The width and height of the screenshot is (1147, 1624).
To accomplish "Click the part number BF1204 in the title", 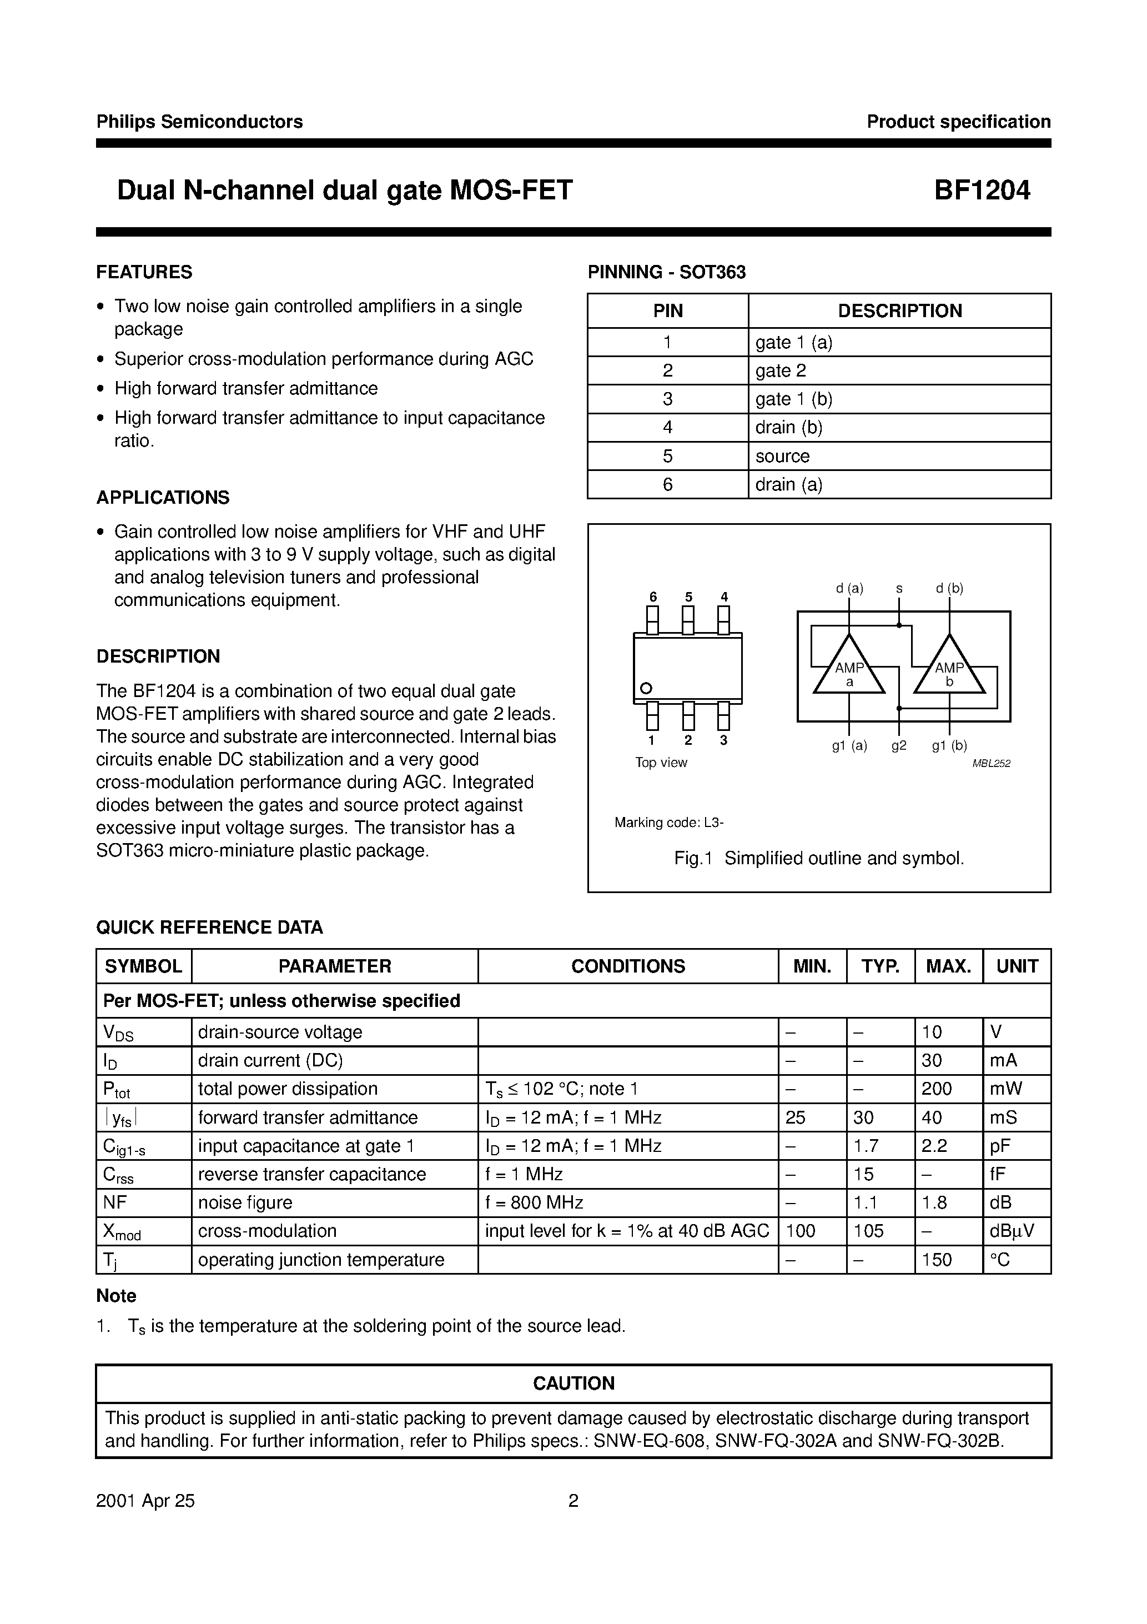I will pos(982,191).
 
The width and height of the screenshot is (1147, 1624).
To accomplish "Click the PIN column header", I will pos(667,311).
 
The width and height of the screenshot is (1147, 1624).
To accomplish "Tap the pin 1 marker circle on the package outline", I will pos(645,688).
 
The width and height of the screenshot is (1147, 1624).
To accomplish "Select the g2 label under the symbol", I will pos(899,745).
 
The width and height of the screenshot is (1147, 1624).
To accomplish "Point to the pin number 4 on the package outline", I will pos(724,597).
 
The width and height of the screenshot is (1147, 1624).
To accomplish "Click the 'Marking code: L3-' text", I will pos(669,823).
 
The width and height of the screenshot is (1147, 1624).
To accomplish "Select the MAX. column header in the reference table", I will pos(948,966).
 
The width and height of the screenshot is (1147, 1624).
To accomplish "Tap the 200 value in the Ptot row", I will pos(937,1089).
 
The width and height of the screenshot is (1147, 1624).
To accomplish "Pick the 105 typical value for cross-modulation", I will pos(868,1231).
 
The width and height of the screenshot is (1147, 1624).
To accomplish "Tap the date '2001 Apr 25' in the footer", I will pos(145,1501).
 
